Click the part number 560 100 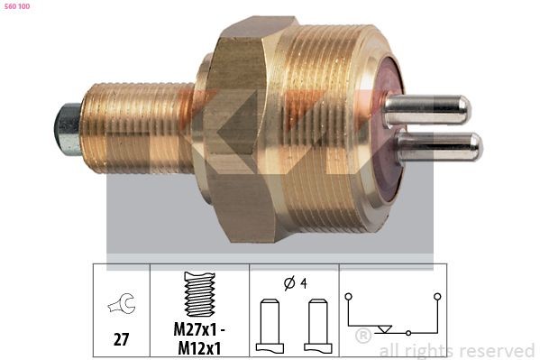pyautogui.click(x=16, y=6)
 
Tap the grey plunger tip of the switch pyautogui.click(x=68, y=129)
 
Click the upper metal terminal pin pyautogui.click(x=427, y=110)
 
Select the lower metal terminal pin pyautogui.click(x=439, y=147)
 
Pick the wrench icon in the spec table pyautogui.click(x=122, y=304)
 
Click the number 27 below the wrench pyautogui.click(x=121, y=339)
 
